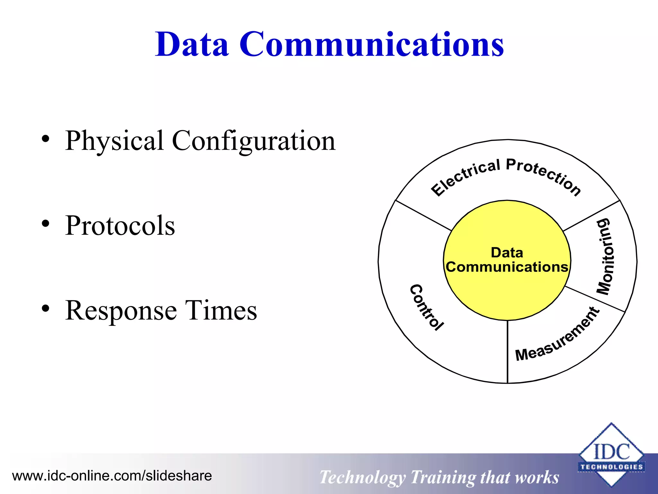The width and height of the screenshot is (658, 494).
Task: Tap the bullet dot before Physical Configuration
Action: (x=46, y=139)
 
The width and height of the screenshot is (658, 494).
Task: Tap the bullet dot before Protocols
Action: (x=46, y=224)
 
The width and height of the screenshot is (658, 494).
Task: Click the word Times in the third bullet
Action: (x=221, y=310)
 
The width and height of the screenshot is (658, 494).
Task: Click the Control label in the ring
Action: (x=427, y=307)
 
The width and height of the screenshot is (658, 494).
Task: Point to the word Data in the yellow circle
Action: (x=507, y=252)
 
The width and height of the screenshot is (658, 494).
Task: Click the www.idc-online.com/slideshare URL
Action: (x=112, y=476)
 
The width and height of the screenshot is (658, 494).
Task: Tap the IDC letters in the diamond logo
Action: (x=611, y=452)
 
